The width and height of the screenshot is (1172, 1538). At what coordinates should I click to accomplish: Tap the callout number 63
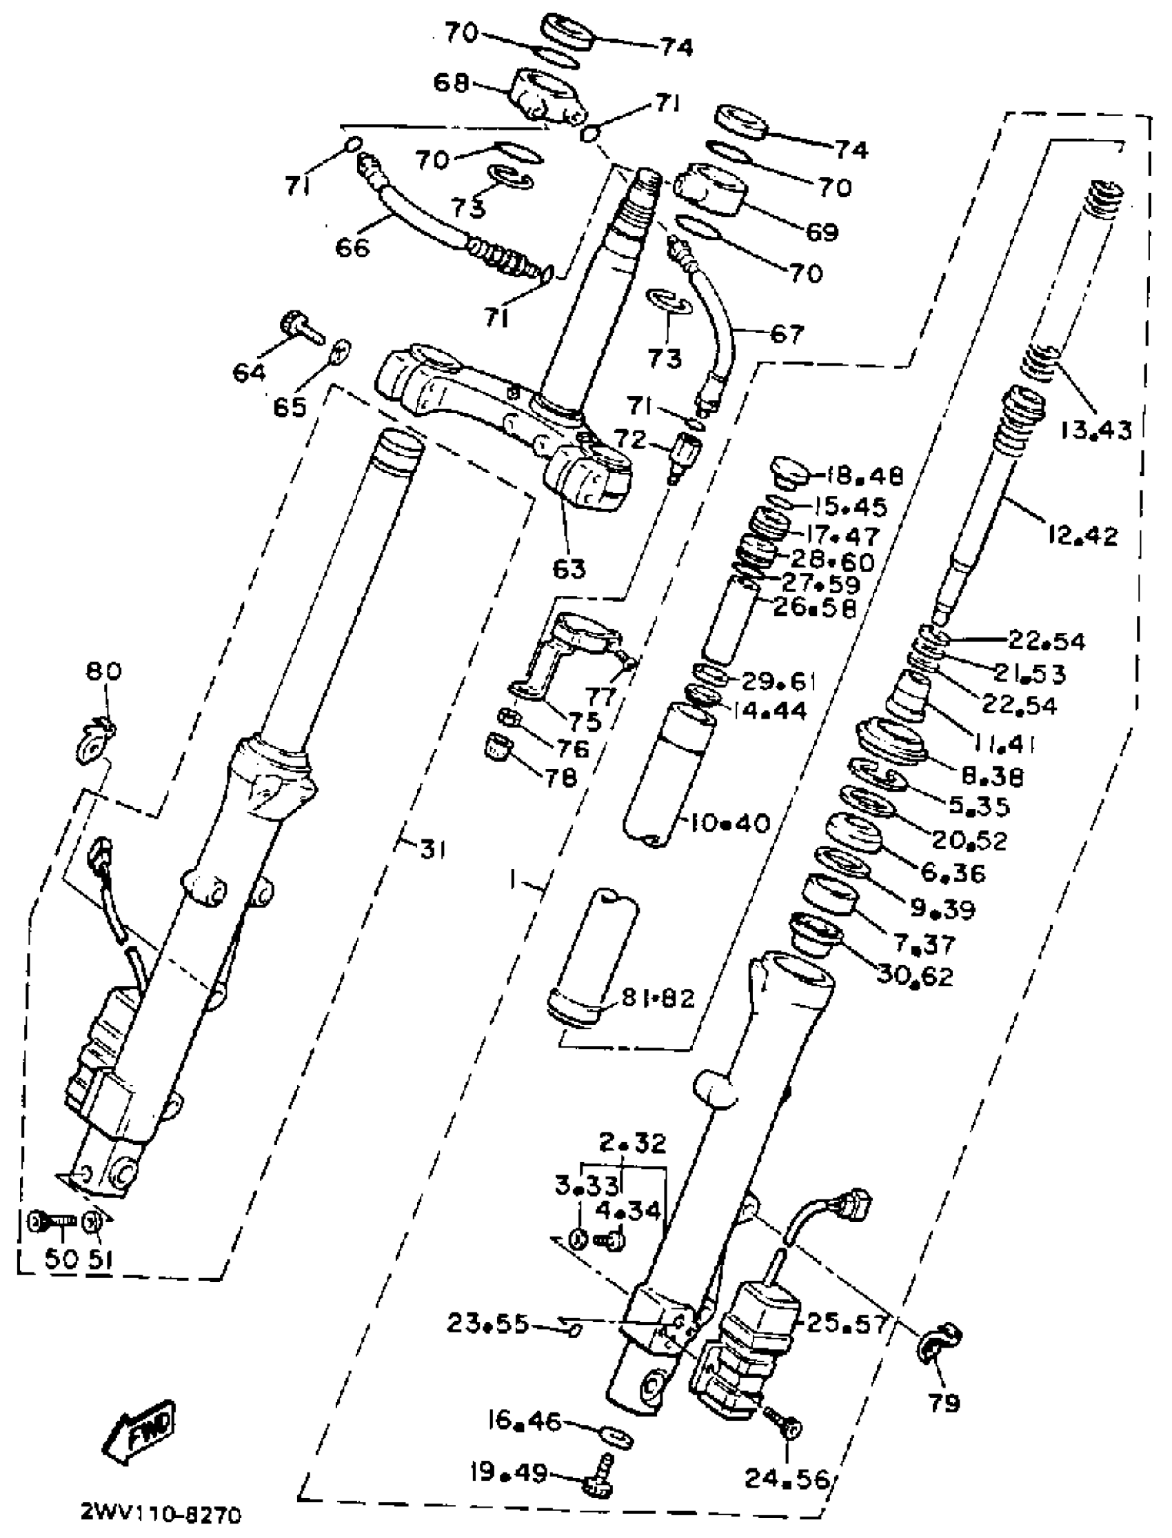[x=569, y=569]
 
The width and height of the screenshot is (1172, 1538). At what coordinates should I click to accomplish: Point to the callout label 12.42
[x=1082, y=535]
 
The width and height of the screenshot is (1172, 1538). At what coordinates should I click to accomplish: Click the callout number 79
[x=943, y=1402]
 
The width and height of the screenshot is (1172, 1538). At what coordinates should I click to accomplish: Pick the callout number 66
[x=352, y=247]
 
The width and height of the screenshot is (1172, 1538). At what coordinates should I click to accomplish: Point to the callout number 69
[x=821, y=231]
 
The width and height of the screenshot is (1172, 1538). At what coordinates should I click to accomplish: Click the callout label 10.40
[x=729, y=823]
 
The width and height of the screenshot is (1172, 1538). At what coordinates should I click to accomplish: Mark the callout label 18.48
[x=865, y=476]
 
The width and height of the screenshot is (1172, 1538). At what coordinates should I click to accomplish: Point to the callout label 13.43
[x=1096, y=429]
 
